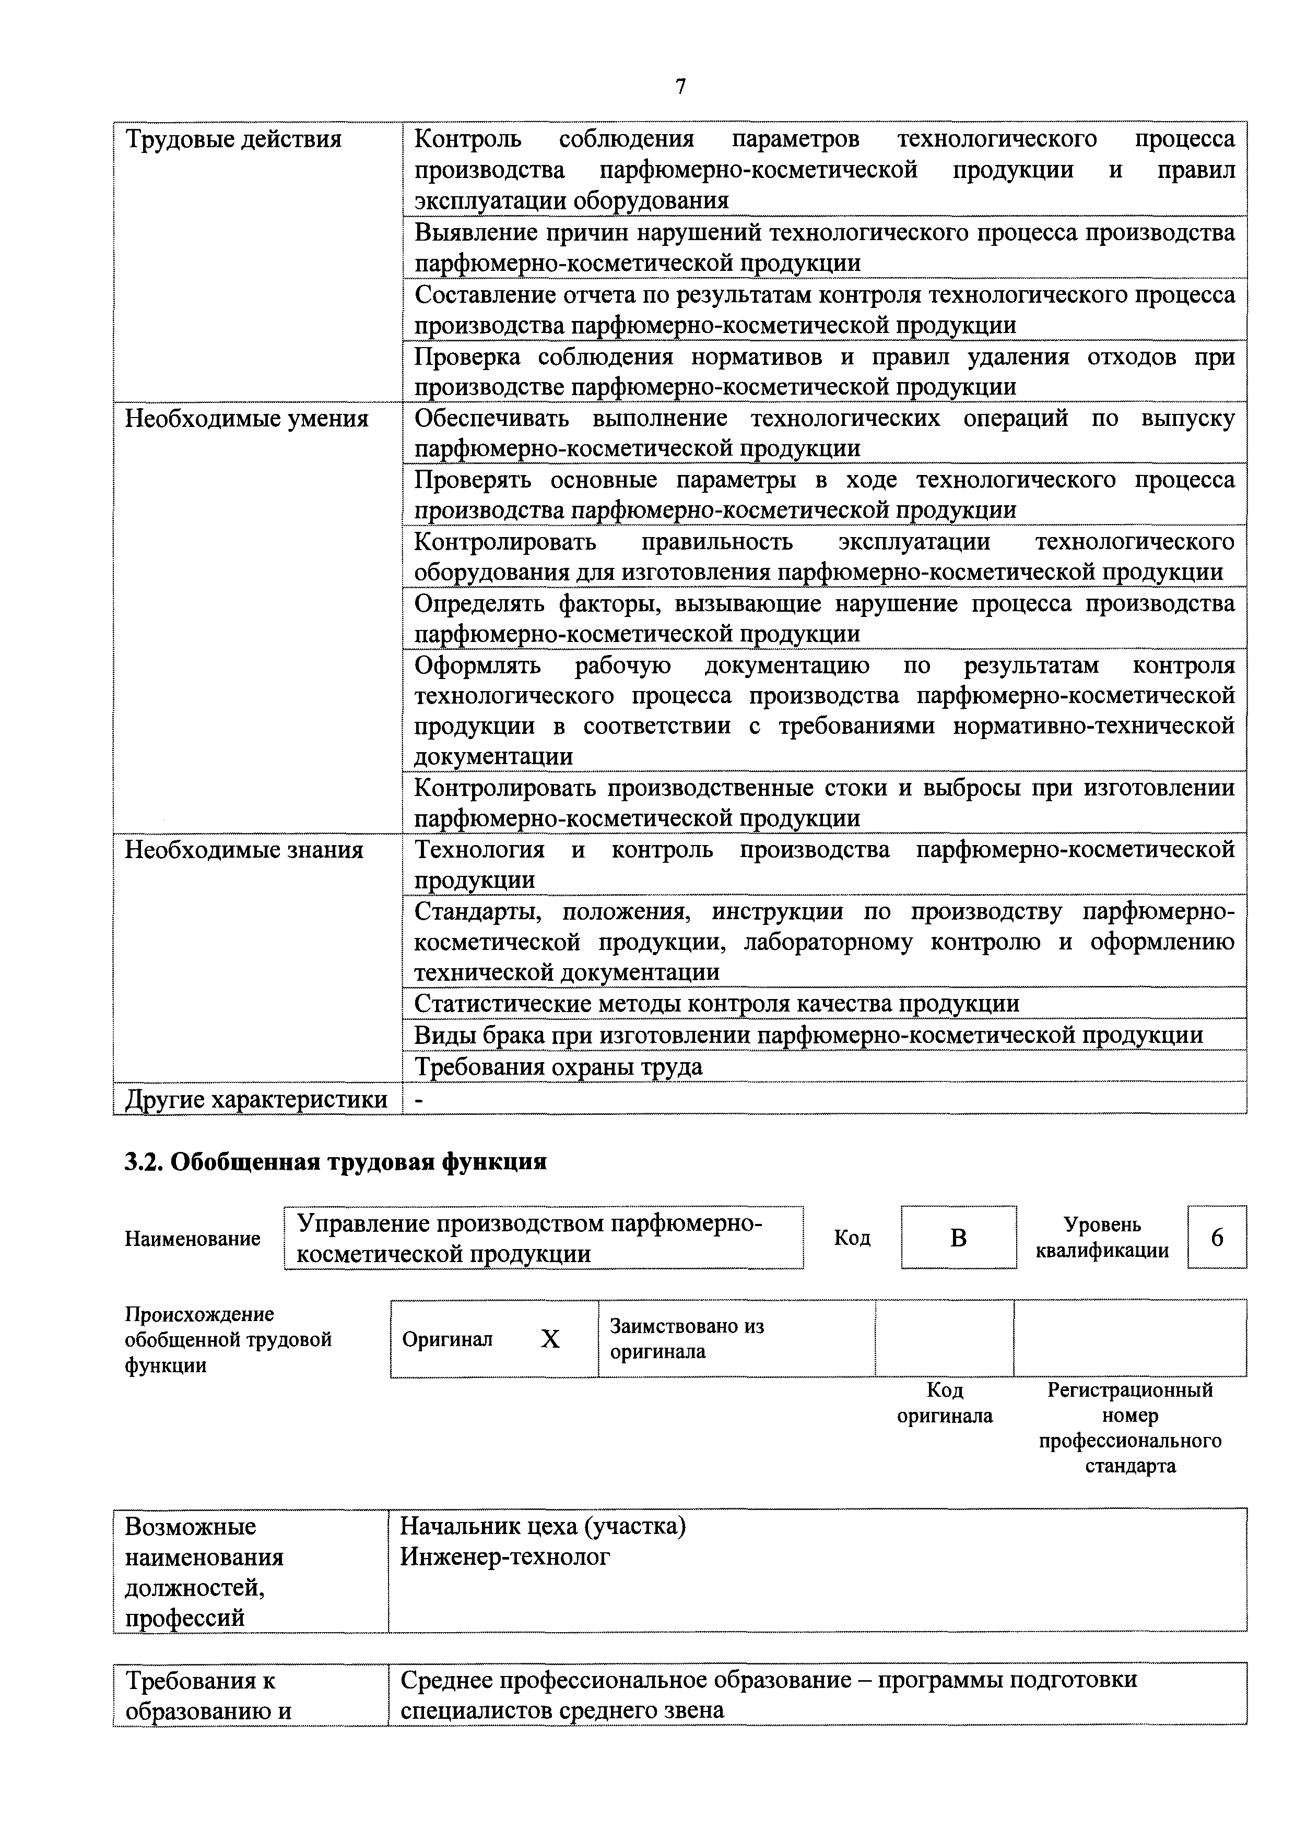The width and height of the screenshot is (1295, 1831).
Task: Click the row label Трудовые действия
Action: point(233,139)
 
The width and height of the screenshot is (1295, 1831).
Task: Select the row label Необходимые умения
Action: point(246,419)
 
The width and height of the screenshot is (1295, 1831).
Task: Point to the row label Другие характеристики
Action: point(256,1100)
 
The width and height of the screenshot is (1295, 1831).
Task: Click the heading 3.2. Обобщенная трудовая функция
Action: point(335,1162)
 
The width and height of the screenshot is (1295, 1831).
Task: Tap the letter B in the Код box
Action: point(958,1238)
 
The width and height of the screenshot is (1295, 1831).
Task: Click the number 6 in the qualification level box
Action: point(1217,1238)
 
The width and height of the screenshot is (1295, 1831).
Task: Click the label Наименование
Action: point(192,1239)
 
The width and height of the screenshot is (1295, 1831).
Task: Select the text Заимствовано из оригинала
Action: point(686,1339)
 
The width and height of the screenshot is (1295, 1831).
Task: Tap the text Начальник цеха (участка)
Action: point(543,1526)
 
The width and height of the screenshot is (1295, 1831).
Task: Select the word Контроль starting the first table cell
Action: point(467,139)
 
